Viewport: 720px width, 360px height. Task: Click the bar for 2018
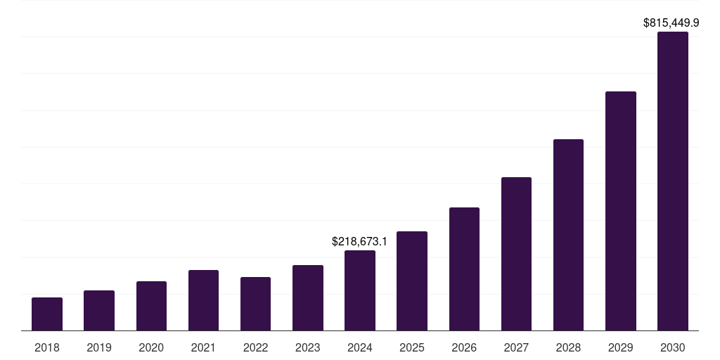click(x=47, y=314)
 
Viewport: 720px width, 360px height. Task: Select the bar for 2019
click(x=99, y=311)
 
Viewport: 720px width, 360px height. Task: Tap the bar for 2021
click(x=203, y=300)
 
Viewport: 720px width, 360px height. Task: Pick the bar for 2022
click(x=255, y=304)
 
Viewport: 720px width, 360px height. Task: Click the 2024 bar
click(x=360, y=290)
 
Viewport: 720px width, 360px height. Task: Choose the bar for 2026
click(x=464, y=269)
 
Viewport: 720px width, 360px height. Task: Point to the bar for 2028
click(x=568, y=235)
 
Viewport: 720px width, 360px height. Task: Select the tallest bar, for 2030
click(x=672, y=181)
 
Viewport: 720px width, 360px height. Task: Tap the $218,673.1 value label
click(x=359, y=242)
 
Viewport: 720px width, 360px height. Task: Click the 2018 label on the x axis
click(x=47, y=348)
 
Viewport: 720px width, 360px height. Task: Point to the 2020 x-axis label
click(x=151, y=348)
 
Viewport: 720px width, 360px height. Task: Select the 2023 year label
click(x=307, y=348)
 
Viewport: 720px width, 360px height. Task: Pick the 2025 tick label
click(x=412, y=348)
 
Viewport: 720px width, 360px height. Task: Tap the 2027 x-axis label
click(x=516, y=348)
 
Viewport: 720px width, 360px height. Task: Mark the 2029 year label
click(x=620, y=348)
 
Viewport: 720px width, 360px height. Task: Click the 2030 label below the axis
click(x=672, y=348)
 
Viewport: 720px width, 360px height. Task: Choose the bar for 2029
click(x=620, y=211)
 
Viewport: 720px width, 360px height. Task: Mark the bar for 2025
click(x=412, y=281)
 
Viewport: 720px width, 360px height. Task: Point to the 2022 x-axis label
click(x=255, y=348)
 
